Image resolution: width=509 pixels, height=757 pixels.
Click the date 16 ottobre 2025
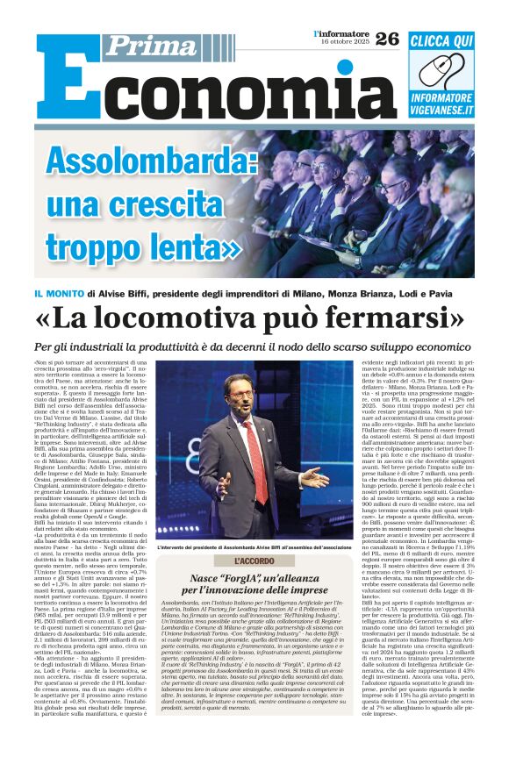[x=341, y=42]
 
